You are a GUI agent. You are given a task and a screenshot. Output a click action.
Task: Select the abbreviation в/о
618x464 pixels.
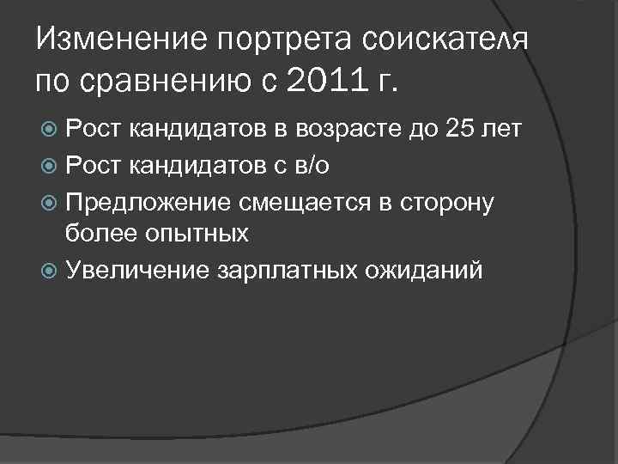click(x=310, y=166)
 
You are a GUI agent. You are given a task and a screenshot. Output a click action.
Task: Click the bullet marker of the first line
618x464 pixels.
click(x=49, y=131)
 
